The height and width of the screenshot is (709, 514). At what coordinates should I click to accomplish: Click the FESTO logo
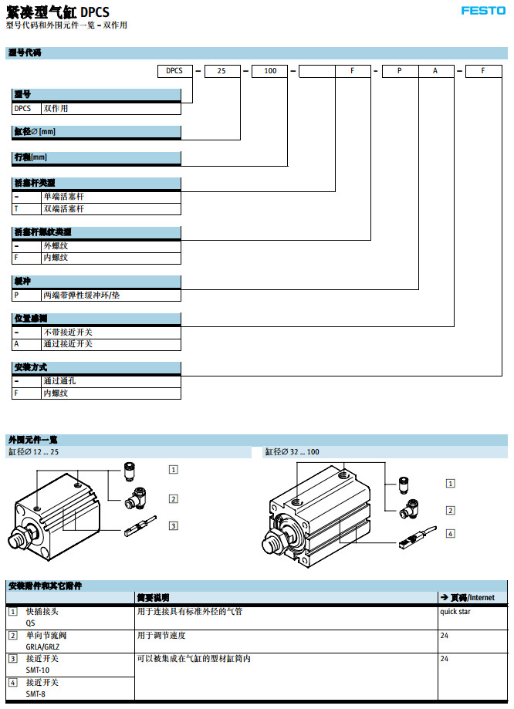pyautogui.click(x=483, y=11)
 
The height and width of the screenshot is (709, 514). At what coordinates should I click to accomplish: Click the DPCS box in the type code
pyautogui.click(x=175, y=70)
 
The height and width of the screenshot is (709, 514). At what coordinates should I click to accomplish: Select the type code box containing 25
pyautogui.click(x=222, y=70)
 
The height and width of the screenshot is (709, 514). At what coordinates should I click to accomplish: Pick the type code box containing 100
pyautogui.click(x=270, y=70)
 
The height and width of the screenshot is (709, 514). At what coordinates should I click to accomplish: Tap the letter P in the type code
pyautogui.click(x=399, y=70)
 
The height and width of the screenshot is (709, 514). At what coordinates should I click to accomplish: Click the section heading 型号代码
pyautogui.click(x=25, y=52)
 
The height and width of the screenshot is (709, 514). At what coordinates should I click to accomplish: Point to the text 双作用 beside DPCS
pyautogui.click(x=56, y=109)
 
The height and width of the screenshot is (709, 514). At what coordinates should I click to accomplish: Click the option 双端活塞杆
pyautogui.click(x=63, y=209)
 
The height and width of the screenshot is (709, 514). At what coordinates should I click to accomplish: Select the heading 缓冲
pyautogui.click(x=22, y=281)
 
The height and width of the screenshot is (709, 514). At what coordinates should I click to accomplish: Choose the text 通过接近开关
pyautogui.click(x=68, y=344)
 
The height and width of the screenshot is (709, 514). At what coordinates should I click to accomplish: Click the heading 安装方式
pyautogui.click(x=31, y=367)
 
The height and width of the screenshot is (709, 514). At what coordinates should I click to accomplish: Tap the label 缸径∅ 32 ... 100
pyautogui.click(x=292, y=451)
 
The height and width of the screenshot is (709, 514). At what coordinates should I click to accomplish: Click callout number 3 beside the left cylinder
pyautogui.click(x=174, y=526)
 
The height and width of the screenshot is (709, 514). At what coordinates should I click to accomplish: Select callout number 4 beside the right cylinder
pyautogui.click(x=450, y=533)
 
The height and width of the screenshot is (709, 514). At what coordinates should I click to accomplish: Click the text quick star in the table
pyautogui.click(x=455, y=612)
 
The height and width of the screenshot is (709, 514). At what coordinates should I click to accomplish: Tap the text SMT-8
pyautogui.click(x=36, y=694)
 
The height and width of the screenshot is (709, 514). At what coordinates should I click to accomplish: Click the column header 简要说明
pyautogui.click(x=153, y=597)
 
